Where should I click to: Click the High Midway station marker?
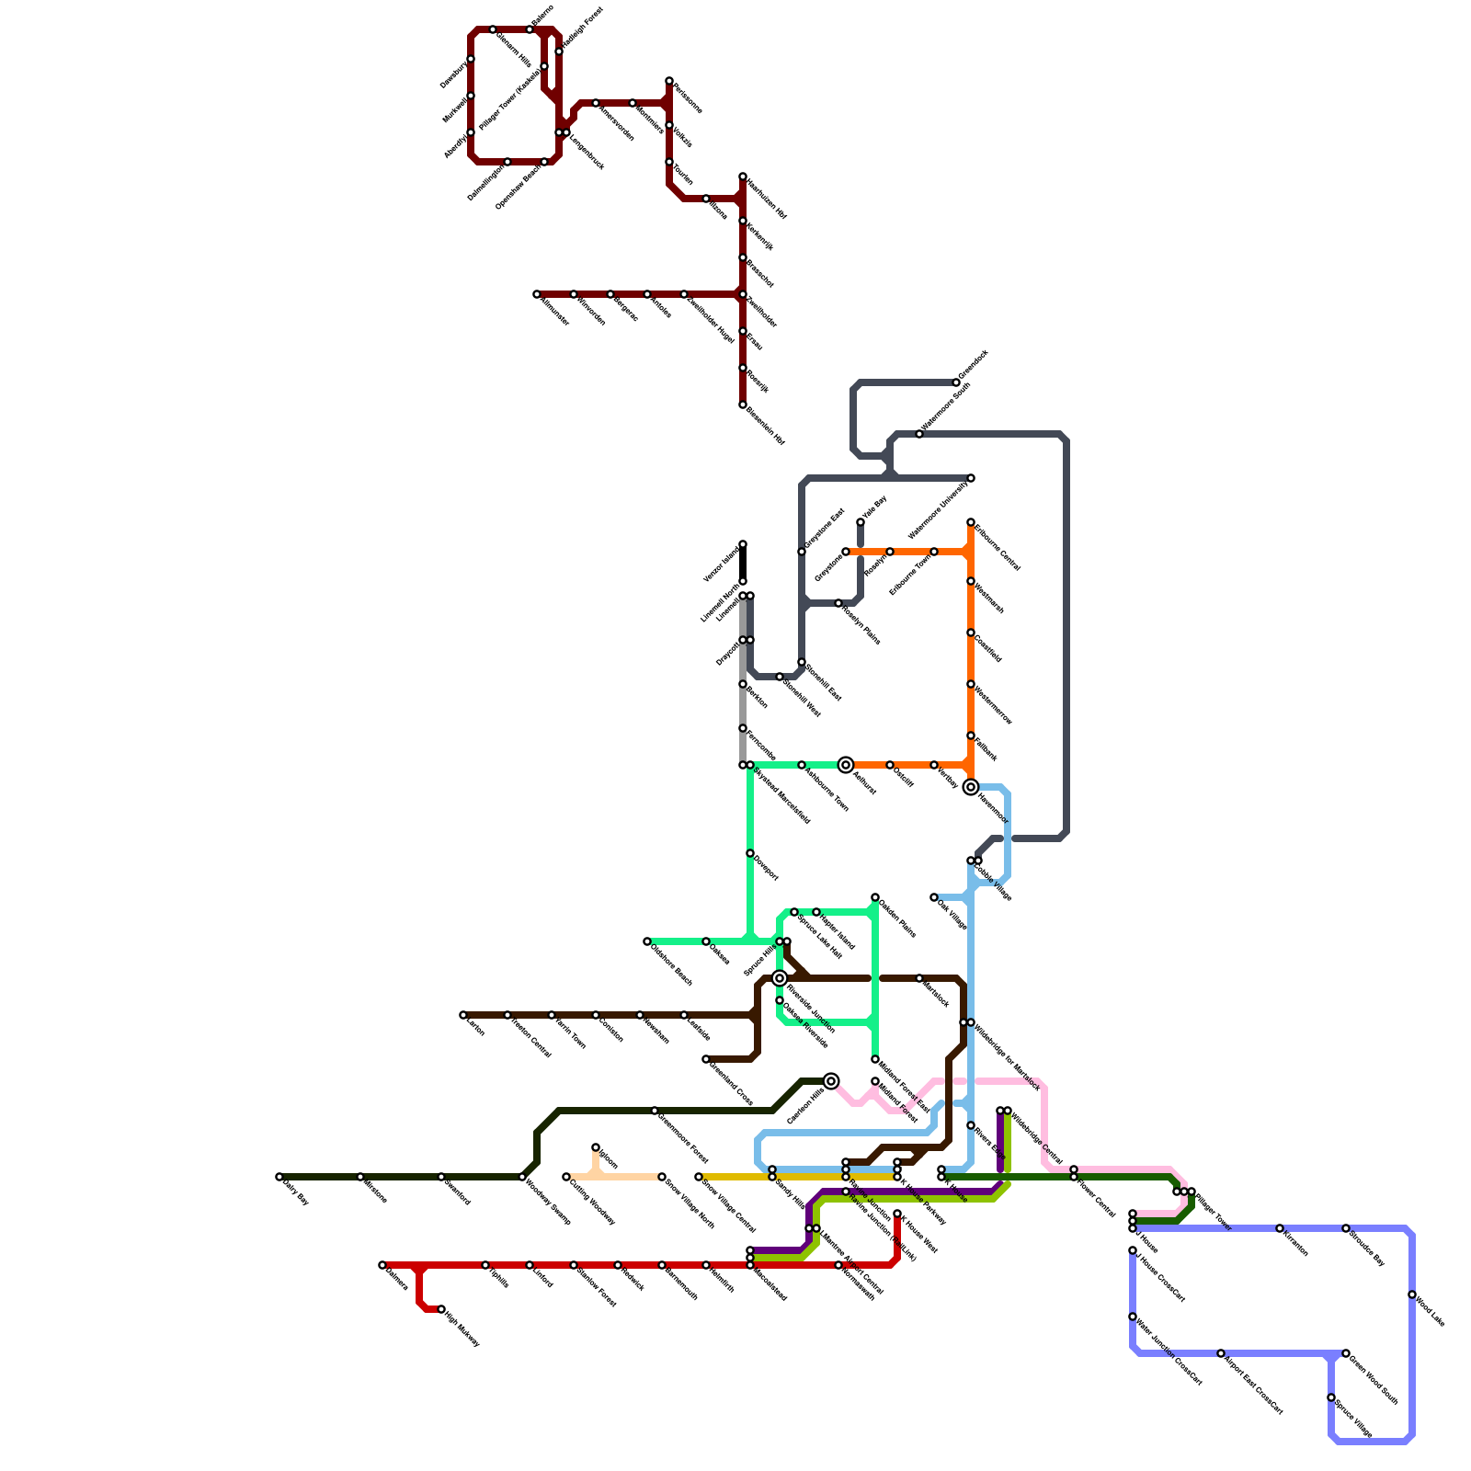click(441, 1309)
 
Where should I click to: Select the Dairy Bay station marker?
click(279, 1177)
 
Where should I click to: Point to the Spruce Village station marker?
click(1331, 1397)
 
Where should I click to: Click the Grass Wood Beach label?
click(1374, 1379)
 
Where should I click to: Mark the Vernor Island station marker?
click(743, 544)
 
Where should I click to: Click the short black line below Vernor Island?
click(743, 563)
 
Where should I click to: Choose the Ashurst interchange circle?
click(846, 765)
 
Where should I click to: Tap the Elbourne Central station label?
click(998, 548)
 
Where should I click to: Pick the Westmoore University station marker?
click(971, 478)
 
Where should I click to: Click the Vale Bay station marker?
click(861, 522)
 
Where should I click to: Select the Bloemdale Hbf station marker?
click(743, 405)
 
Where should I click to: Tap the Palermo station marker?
click(530, 29)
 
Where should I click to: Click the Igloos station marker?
click(596, 1147)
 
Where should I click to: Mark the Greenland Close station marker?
click(706, 1059)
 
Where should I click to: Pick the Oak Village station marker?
click(934, 897)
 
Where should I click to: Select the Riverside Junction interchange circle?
click(780, 978)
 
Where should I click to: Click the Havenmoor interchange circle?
click(971, 787)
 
